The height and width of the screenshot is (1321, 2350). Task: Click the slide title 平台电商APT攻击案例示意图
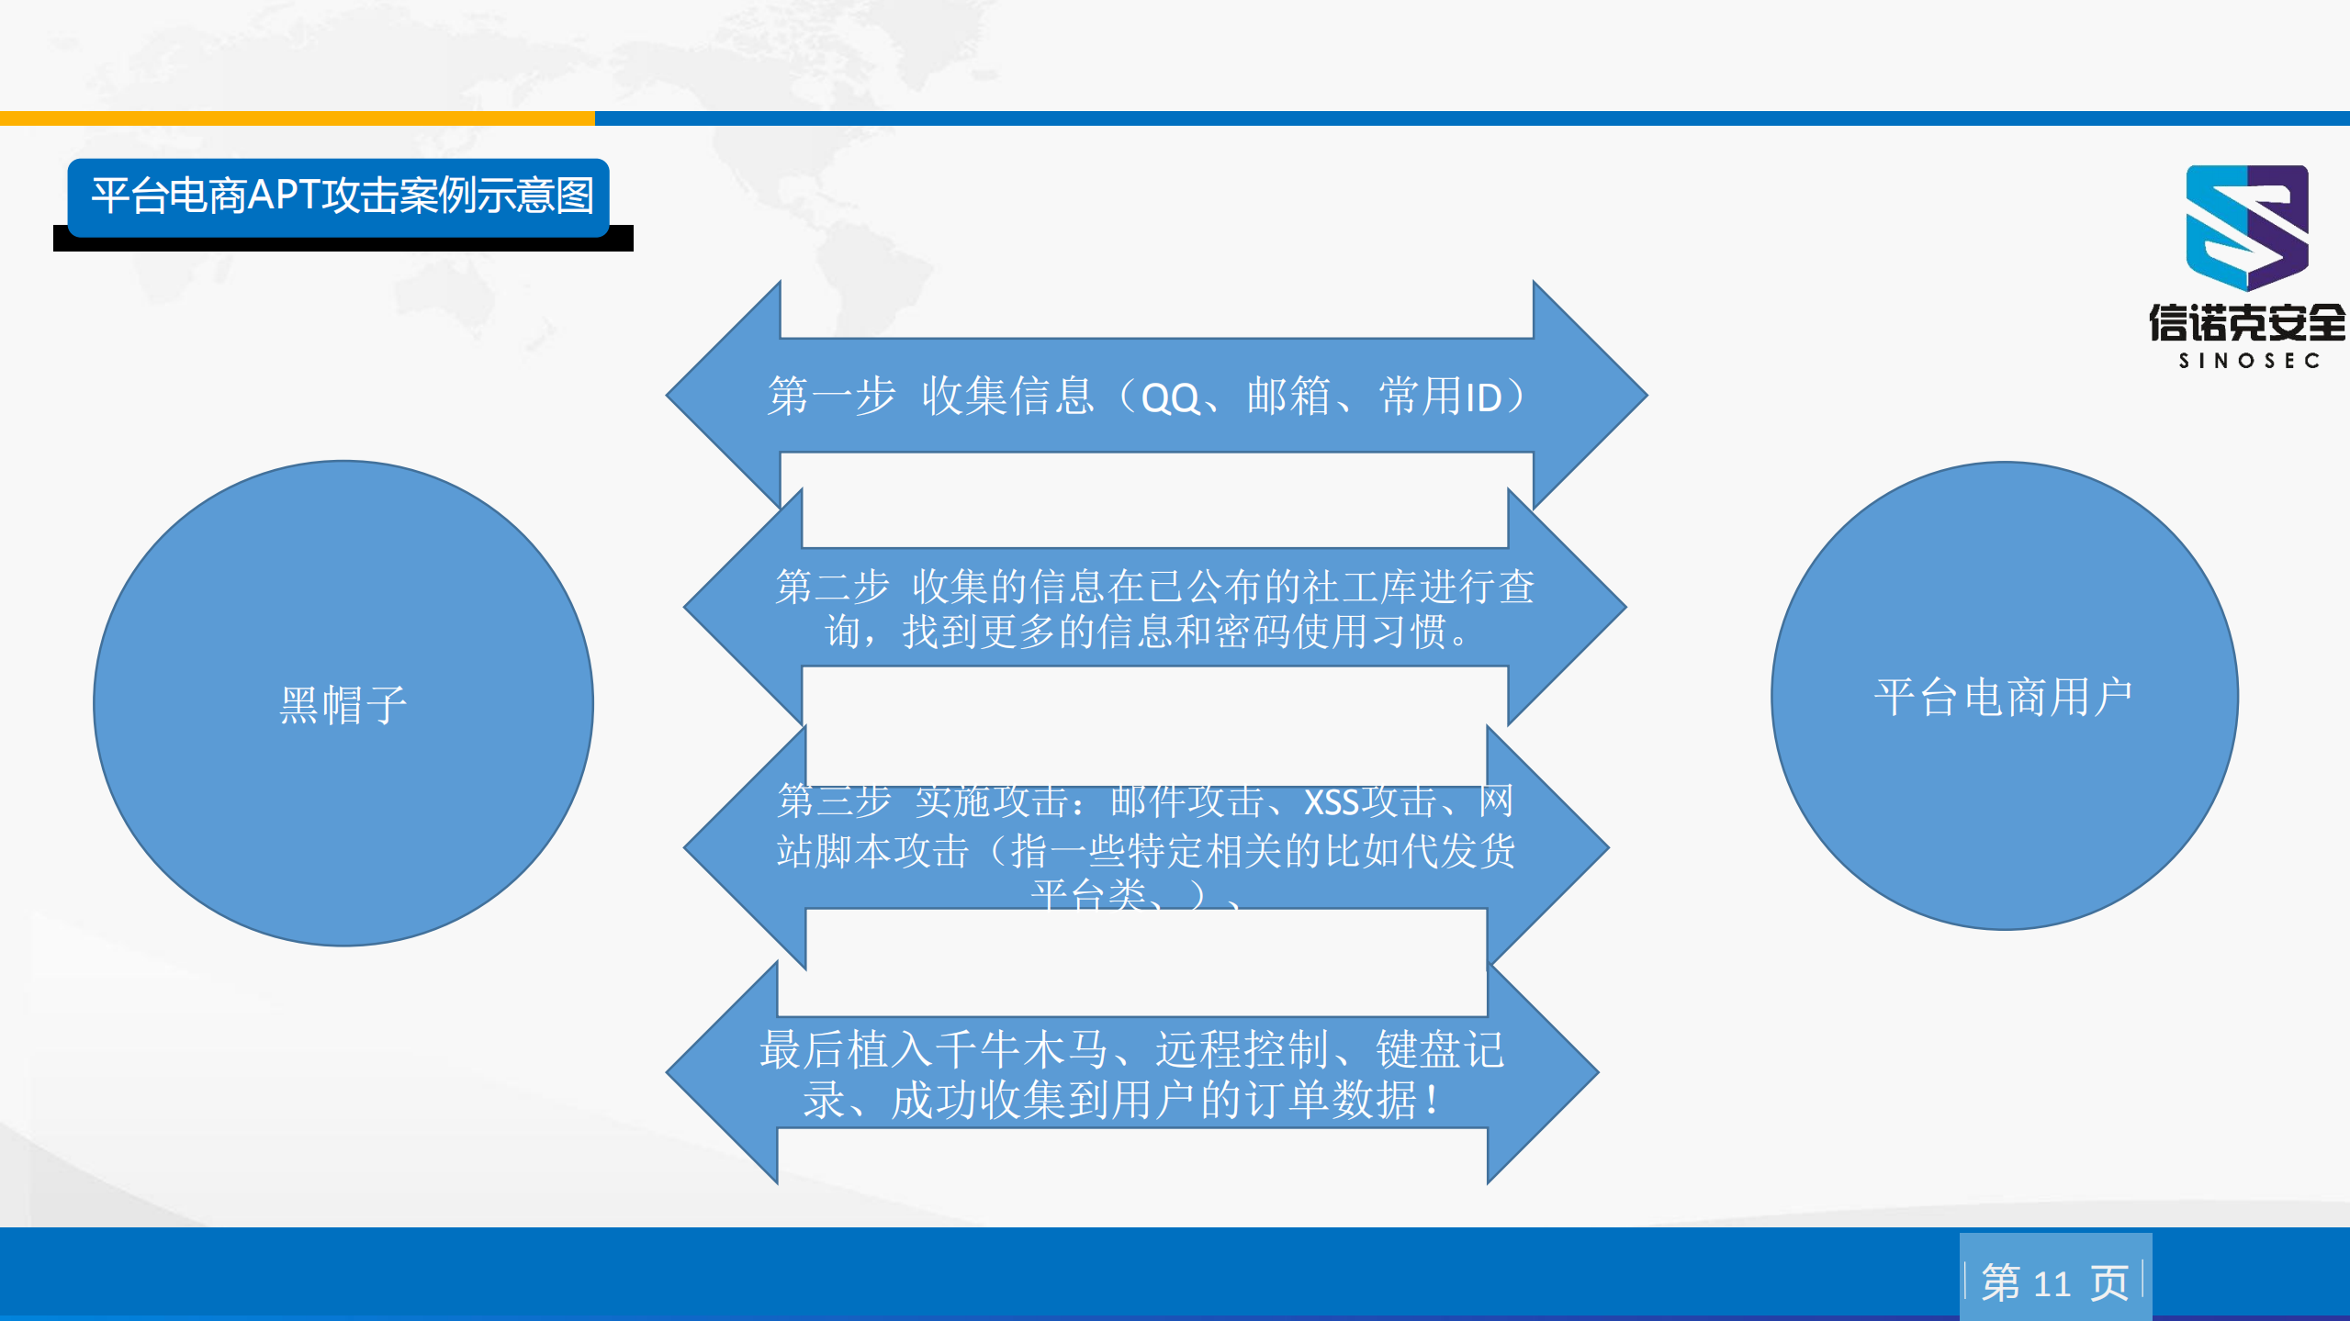coord(342,196)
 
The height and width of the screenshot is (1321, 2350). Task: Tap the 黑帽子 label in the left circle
coord(343,705)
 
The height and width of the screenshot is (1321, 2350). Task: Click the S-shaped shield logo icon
coord(2246,227)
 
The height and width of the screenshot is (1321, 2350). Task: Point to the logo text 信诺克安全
coord(2246,323)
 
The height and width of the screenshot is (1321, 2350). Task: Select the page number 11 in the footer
coord(2052,1283)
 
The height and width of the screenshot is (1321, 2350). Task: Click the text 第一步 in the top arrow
coord(831,397)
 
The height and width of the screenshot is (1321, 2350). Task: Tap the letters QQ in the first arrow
coord(1170,398)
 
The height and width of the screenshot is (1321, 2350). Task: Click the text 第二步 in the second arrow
coord(832,587)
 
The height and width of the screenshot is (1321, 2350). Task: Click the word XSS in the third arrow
coord(1331,802)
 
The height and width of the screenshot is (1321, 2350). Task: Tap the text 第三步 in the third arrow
coord(834,800)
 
